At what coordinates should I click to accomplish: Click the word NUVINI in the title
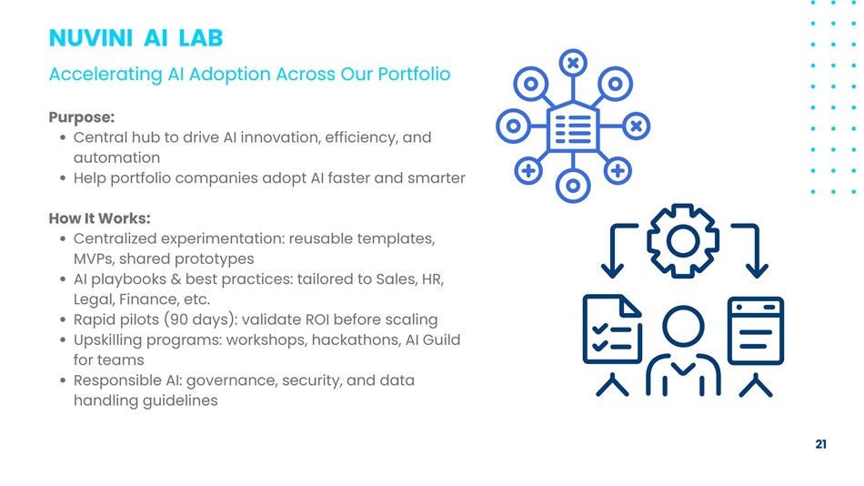point(90,38)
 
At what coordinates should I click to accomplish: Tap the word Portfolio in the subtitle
point(414,74)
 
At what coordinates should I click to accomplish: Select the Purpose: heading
point(82,117)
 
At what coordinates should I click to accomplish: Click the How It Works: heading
point(99,218)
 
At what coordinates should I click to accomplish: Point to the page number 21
point(820,444)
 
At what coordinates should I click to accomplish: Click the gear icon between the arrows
point(683,240)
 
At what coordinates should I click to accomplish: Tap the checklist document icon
point(612,329)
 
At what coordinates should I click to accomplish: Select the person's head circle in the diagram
point(683,327)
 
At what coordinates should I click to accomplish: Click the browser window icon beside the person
point(756,330)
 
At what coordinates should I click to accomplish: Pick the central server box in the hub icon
point(573,127)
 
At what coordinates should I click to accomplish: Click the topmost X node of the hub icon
point(573,63)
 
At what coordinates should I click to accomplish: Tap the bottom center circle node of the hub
point(573,186)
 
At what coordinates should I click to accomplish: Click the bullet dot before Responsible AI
point(63,380)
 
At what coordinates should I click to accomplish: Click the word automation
point(116,157)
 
